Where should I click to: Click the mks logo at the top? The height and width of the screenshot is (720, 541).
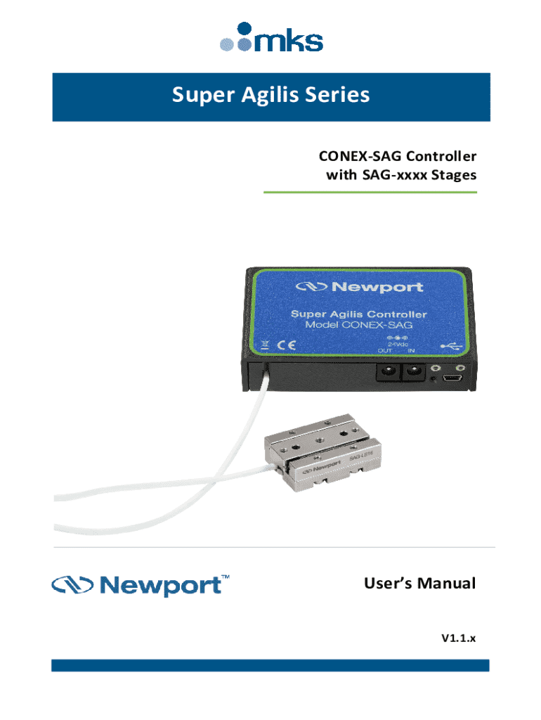click(x=270, y=37)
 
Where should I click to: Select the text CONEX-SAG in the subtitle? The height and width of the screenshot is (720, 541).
click(x=353, y=155)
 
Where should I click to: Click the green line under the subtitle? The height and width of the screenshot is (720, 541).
click(x=370, y=192)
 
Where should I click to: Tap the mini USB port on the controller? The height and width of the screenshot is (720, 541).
click(x=450, y=379)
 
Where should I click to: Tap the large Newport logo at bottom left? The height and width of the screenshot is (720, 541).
click(x=140, y=585)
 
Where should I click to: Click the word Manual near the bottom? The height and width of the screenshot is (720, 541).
click(x=446, y=584)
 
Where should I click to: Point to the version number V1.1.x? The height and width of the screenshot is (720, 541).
click(x=458, y=638)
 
